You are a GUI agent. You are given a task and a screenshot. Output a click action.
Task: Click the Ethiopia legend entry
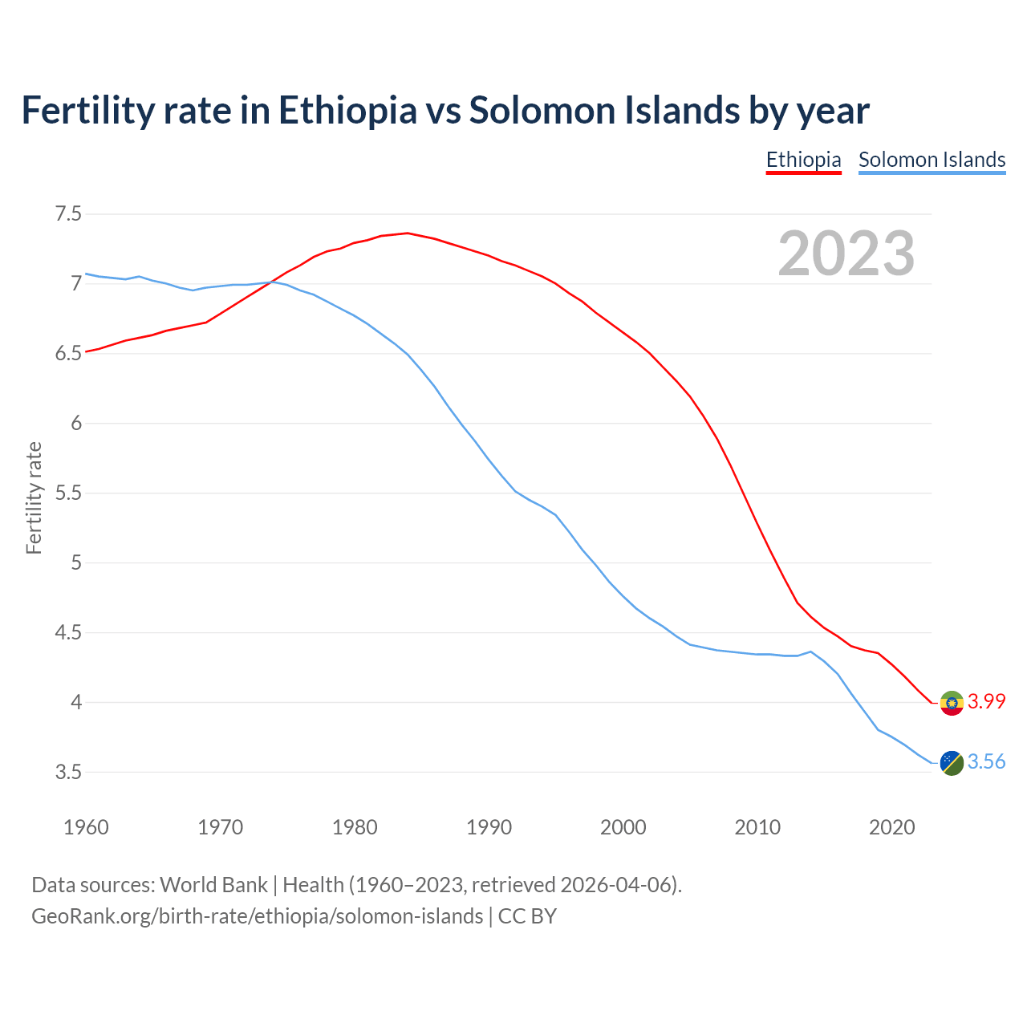tap(803, 160)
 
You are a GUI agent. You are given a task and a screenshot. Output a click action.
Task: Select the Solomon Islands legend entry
tap(932, 160)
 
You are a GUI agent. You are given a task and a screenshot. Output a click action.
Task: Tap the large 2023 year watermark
tap(846, 254)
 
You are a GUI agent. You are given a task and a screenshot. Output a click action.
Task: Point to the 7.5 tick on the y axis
tap(68, 214)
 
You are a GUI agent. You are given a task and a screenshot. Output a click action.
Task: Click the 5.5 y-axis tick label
tap(68, 493)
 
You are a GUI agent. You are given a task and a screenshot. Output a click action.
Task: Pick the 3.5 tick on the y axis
tap(68, 773)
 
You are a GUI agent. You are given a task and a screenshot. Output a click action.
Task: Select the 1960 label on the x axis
tap(86, 827)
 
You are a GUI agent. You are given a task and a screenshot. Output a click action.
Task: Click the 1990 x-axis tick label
tap(489, 827)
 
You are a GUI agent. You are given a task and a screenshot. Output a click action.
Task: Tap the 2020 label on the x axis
tap(891, 827)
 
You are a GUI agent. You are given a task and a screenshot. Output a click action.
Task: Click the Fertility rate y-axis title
tap(34, 497)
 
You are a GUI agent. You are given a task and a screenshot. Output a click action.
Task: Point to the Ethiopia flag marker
tap(952, 703)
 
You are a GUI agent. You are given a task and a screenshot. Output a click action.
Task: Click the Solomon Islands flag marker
tap(952, 763)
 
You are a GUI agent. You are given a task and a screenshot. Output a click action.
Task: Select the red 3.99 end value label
tap(986, 701)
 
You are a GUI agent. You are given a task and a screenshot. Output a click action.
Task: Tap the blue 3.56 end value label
tap(986, 761)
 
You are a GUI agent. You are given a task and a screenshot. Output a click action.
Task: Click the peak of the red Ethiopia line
tap(408, 233)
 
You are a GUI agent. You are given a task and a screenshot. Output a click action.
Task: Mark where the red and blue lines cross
tap(271, 282)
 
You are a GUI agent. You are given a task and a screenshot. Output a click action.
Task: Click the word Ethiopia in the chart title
tap(347, 110)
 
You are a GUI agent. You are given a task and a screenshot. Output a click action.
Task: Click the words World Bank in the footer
tap(213, 885)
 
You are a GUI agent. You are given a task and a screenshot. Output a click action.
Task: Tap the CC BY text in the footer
tap(527, 916)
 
